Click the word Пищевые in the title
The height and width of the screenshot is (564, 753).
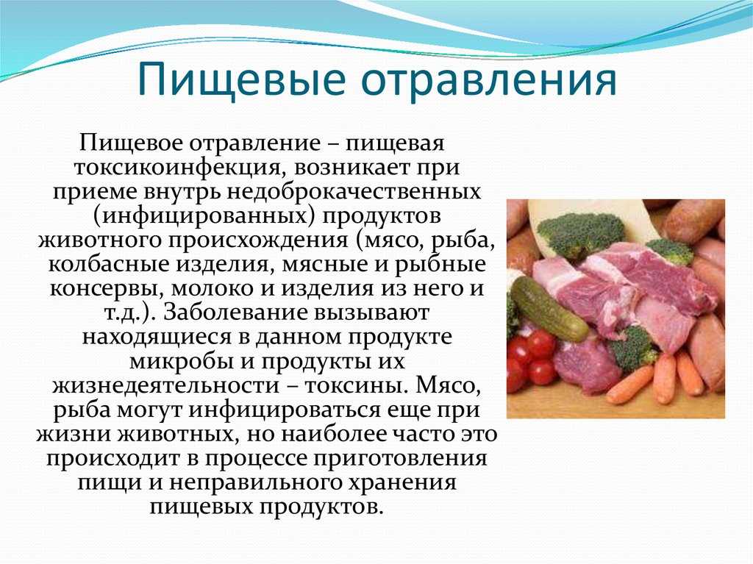pyautogui.click(x=241, y=79)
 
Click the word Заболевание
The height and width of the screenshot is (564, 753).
pyautogui.click(x=238, y=313)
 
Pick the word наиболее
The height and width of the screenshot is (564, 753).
pyautogui.click(x=332, y=434)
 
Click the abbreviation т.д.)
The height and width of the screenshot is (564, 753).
pyautogui.click(x=131, y=313)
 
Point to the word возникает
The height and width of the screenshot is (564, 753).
pyautogui.click(x=346, y=168)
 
